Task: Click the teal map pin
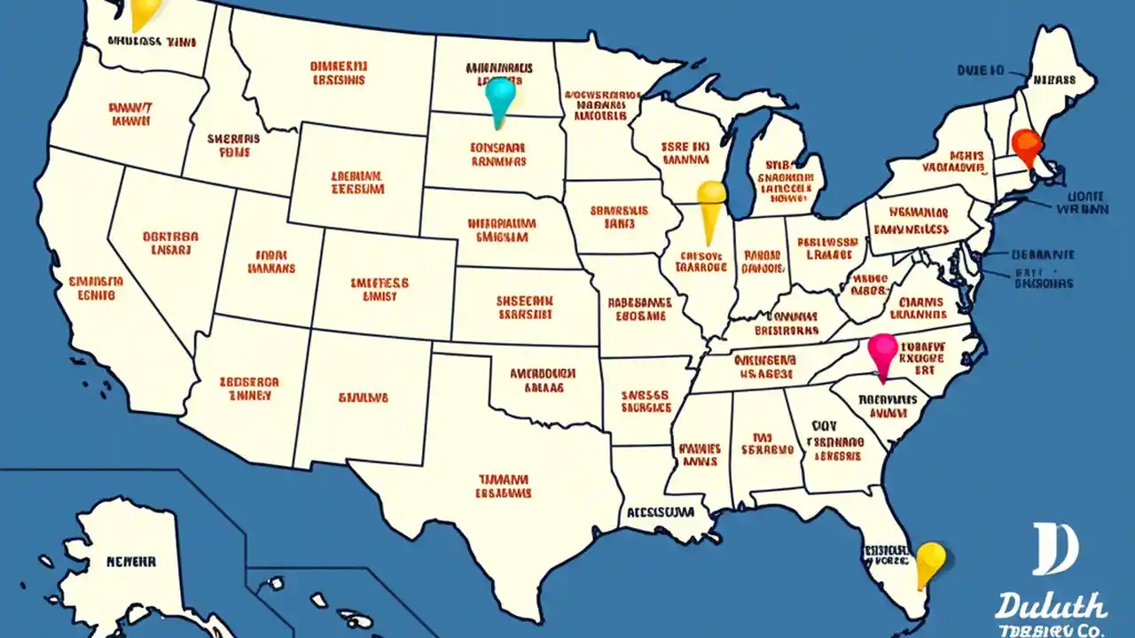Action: point(501,96)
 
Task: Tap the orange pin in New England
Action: point(1025,144)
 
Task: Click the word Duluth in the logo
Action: point(1050,607)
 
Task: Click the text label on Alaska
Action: point(131,561)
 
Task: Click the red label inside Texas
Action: point(504,485)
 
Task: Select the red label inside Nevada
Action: point(170,244)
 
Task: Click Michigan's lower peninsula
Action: point(785,177)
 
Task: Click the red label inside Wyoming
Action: point(358,183)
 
